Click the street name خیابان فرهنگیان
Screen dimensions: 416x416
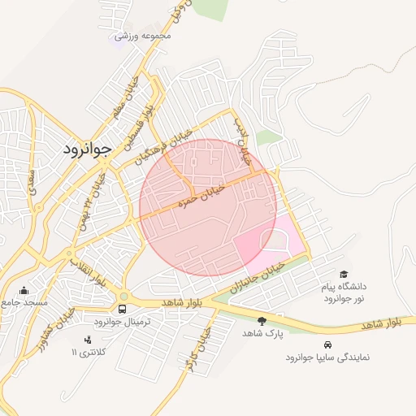pyautogui.click(x=166, y=145)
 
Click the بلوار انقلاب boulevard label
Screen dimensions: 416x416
pyautogui.click(x=88, y=273)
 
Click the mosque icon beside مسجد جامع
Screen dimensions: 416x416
pyautogui.click(x=24, y=290)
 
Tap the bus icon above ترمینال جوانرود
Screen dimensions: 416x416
pyautogui.click(x=123, y=310)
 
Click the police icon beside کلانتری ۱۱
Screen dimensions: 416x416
pyautogui.click(x=88, y=339)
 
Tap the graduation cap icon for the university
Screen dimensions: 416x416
pyautogui.click(x=344, y=275)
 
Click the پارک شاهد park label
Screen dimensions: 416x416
pyautogui.click(x=262, y=334)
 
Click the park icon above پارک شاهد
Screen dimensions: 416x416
pyautogui.click(x=262, y=322)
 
